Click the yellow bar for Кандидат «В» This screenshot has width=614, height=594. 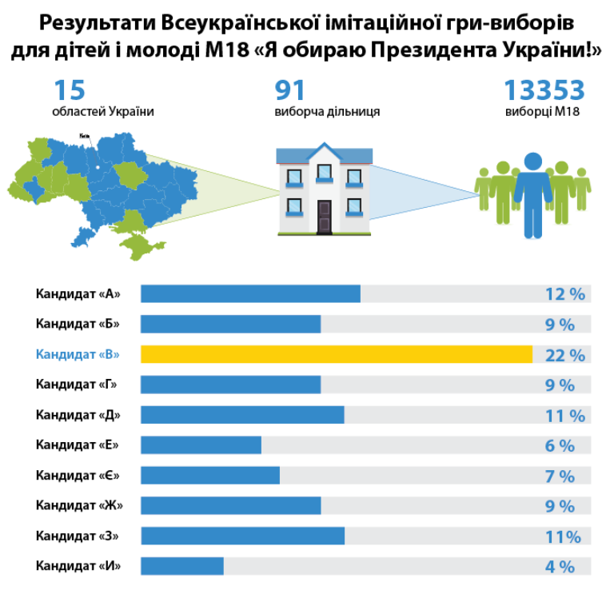click(x=337, y=354)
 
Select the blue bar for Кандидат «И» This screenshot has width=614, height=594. click(x=182, y=566)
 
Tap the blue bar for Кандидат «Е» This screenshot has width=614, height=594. click(x=201, y=445)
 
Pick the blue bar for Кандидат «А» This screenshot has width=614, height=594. click(x=250, y=293)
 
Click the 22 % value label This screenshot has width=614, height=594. click(x=565, y=356)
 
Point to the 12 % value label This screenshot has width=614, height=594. click(x=565, y=294)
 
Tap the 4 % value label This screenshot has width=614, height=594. click(x=560, y=567)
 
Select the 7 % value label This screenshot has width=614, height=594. click(x=560, y=476)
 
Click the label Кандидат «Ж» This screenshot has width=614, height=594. click(x=79, y=505)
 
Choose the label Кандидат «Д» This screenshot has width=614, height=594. click(x=78, y=415)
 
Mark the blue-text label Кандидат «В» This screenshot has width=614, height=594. click(x=78, y=354)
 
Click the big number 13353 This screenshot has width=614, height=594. click(x=544, y=90)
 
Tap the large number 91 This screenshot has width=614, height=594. click(x=289, y=90)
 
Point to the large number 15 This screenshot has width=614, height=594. click(x=69, y=90)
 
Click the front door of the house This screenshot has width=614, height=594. click(x=325, y=217)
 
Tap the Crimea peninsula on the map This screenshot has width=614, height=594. click(x=140, y=245)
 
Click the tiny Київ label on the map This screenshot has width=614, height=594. click(x=84, y=136)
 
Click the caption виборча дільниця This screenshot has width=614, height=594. click(x=327, y=112)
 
